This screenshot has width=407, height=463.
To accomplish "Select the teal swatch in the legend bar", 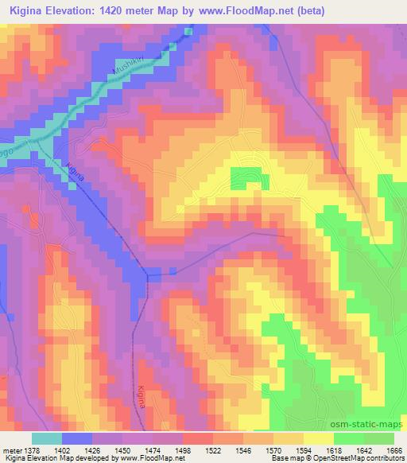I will tap(47, 438).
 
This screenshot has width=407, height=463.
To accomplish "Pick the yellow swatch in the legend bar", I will tap(319, 438).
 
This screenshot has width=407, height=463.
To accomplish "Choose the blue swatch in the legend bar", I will tap(77, 438).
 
